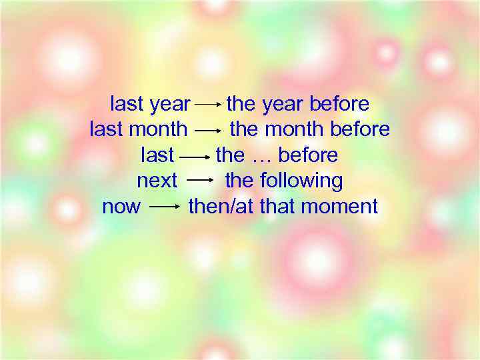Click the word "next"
click(157, 181)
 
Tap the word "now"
click(121, 207)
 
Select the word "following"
click(301, 181)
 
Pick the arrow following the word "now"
click(165, 207)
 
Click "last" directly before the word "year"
click(127, 104)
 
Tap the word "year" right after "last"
click(170, 105)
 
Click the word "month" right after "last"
click(158, 129)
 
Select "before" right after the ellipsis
click(308, 155)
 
